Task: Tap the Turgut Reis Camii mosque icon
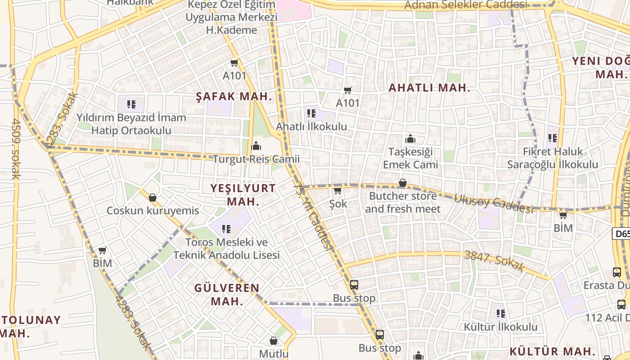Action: point(256,146)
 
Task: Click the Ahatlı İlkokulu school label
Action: point(311,126)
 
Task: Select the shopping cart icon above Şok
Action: point(337,190)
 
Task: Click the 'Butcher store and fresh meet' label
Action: point(403,202)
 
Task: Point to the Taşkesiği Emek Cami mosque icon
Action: point(410,139)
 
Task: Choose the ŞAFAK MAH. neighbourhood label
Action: point(234,96)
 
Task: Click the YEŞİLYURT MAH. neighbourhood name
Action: point(243,195)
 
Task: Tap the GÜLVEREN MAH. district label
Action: point(227,294)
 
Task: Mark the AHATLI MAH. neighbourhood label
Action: point(429,88)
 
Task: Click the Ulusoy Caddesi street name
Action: point(493,203)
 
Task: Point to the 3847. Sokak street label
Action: point(494,261)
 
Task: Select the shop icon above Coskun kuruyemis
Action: point(153,198)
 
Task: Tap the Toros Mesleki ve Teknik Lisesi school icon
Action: point(226,229)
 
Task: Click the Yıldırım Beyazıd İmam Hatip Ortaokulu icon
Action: point(131,105)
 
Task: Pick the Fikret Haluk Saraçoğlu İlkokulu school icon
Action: point(553,139)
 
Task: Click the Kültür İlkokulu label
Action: point(500,327)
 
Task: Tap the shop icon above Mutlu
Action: point(273,341)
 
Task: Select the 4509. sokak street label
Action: point(16,148)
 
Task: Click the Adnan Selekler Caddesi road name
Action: point(465,5)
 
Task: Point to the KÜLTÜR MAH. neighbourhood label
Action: point(553,351)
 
